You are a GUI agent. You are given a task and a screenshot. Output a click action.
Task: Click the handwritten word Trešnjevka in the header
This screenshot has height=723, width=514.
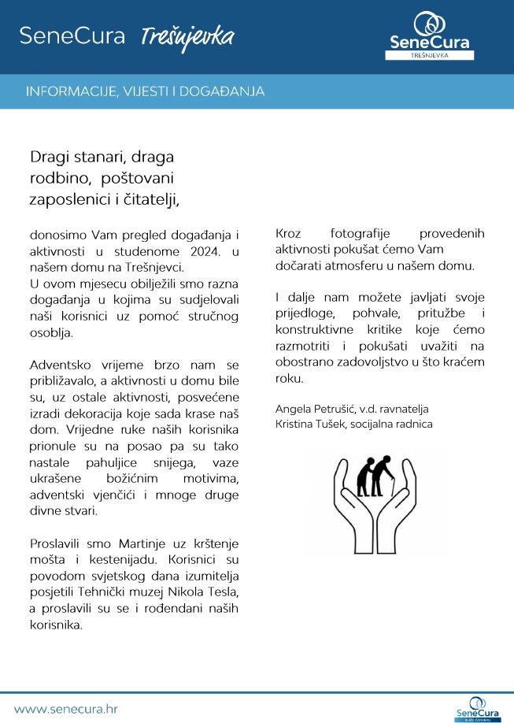pyautogui.click(x=187, y=36)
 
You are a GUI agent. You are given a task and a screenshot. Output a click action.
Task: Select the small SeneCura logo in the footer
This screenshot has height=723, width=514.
pyautogui.click(x=478, y=708)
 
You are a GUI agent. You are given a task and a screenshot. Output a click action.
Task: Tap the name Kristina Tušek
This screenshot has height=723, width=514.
pyautogui.click(x=309, y=424)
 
